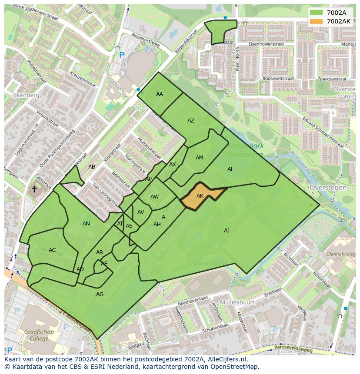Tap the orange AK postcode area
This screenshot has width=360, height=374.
(200, 196)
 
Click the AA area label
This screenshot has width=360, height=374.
(160, 94)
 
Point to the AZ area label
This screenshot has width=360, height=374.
(191, 121)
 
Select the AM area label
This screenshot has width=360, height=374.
(200, 158)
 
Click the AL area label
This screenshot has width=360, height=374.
(230, 169)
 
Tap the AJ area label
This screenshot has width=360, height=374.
(227, 231)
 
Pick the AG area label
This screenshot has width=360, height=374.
(100, 295)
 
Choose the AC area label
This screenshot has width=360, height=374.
(52, 250)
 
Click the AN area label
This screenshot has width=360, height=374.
(86, 224)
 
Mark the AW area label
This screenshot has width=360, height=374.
(154, 197)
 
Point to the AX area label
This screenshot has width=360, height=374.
(173, 165)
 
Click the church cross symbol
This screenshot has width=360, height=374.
(34, 189)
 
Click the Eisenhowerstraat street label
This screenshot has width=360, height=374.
(266, 44)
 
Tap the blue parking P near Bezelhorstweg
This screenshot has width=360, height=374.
(122, 55)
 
